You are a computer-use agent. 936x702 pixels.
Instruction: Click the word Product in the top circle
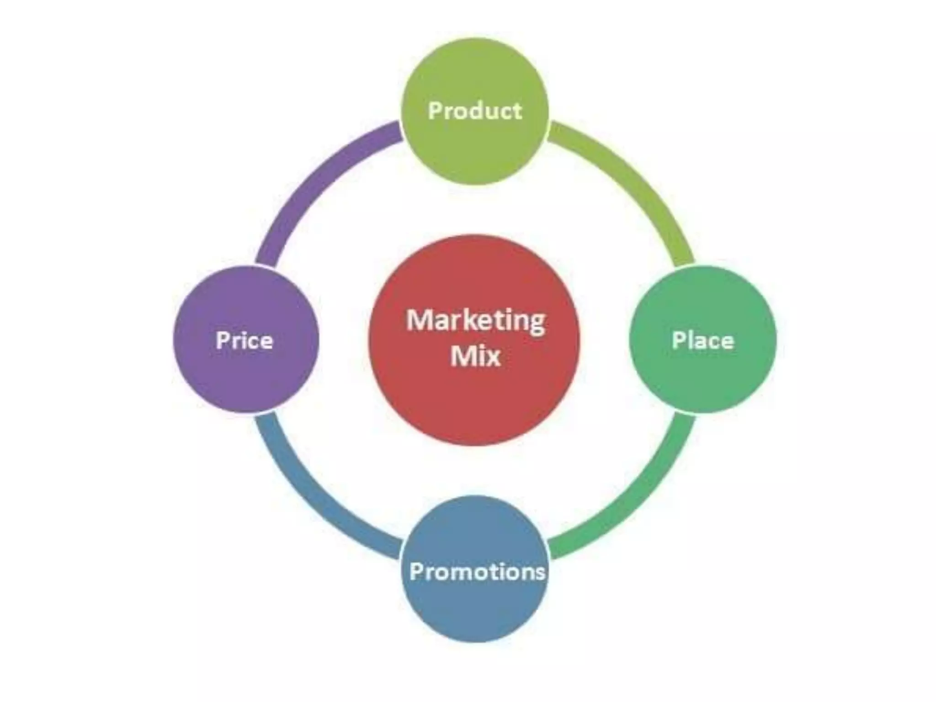tap(475, 111)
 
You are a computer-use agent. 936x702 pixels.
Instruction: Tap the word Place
tap(703, 340)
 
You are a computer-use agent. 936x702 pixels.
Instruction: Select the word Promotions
tap(477, 571)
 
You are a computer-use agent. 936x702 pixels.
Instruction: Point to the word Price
tap(245, 340)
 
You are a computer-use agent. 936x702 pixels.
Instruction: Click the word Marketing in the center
tap(475, 321)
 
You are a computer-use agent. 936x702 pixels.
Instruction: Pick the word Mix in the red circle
tap(475, 356)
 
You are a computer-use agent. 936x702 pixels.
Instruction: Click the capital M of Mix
tap(462, 356)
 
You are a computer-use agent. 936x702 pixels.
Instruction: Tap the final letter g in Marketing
tap(537, 324)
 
